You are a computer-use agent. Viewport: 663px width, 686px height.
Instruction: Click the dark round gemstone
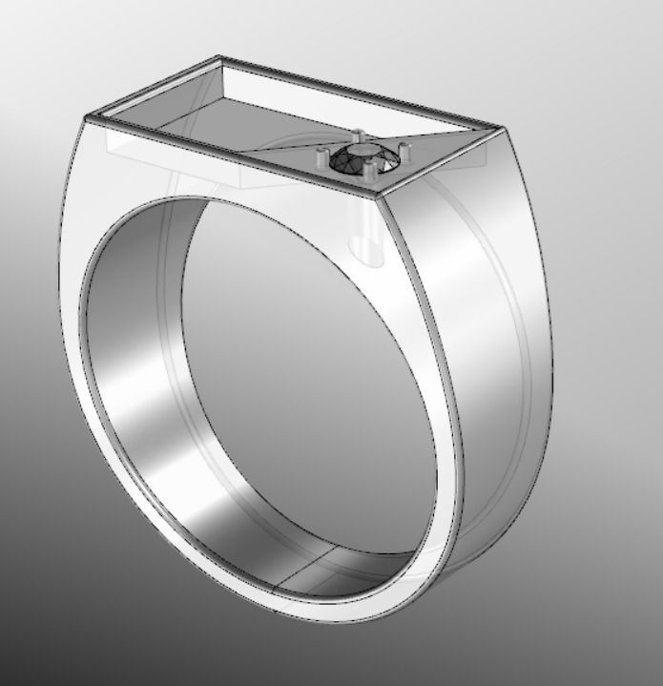point(361,159)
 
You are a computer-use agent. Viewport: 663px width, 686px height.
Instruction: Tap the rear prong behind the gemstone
point(358,136)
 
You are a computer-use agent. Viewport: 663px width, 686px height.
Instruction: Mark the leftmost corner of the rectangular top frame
point(87,117)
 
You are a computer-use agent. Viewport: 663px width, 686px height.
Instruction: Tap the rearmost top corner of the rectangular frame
point(219,58)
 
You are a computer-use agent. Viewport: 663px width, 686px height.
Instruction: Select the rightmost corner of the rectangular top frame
point(499,127)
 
